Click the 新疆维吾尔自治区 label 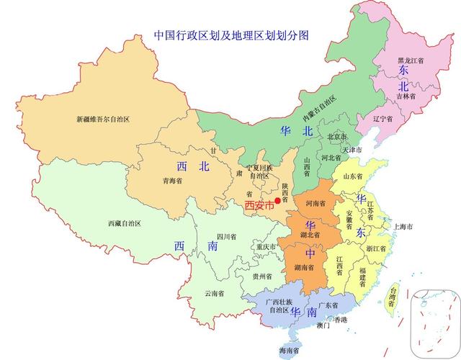[103, 119]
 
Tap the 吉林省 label [406, 95]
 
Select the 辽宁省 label [383, 118]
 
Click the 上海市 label [402, 227]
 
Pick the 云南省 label [214, 293]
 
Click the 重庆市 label [266, 247]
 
